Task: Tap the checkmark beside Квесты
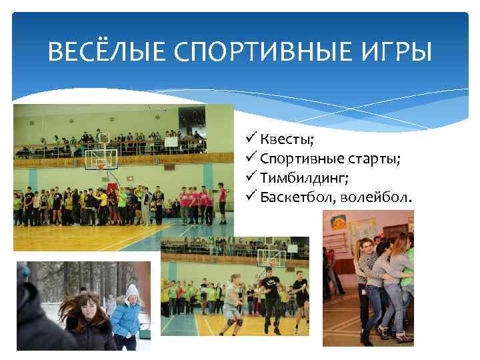click(251, 139)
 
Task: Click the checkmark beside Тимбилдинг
click(251, 177)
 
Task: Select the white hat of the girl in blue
click(131, 290)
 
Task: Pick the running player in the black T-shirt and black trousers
click(269, 297)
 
